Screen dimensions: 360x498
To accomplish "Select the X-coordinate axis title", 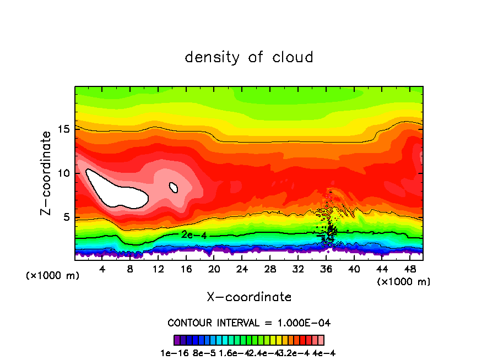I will (249, 297).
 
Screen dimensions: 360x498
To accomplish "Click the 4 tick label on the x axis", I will (102, 269).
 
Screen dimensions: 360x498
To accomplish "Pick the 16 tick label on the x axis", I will (186, 269).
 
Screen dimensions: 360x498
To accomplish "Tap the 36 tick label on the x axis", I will (326, 269).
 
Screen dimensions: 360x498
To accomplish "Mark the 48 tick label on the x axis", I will (409, 269).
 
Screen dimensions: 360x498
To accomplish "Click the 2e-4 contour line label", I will (194, 234).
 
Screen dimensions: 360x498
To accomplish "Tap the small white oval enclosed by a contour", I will (174, 188).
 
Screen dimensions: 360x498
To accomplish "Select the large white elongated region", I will (116, 190).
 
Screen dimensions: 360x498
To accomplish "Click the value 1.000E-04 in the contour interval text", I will (306, 323).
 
